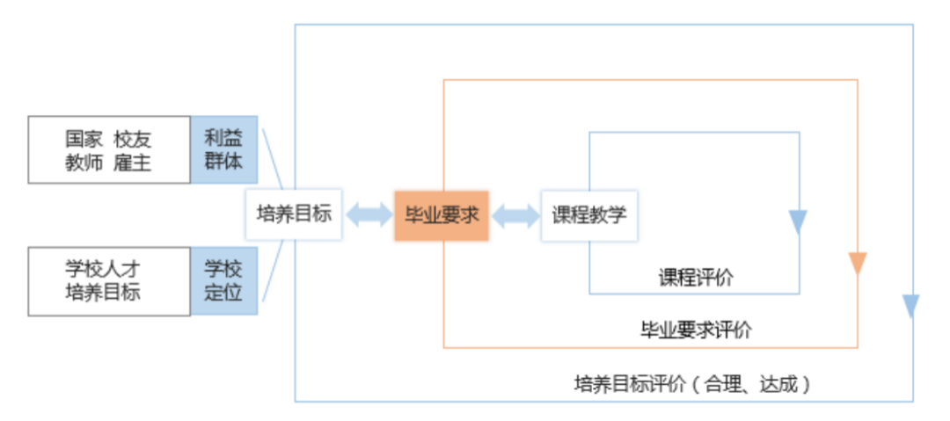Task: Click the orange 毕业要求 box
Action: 441,215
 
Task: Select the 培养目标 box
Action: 293,214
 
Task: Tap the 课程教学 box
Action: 589,215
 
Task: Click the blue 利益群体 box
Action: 224,149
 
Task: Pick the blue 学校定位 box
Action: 224,280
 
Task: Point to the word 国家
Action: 84,139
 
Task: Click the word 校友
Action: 132,139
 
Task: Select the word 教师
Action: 84,163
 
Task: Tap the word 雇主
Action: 132,163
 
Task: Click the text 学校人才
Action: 103,269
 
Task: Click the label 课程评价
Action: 695,277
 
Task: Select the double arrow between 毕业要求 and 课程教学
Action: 515,215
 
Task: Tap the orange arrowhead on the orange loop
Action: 858,263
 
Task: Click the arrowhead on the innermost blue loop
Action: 798,221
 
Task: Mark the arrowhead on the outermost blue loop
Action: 911,306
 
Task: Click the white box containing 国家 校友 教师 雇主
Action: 110,150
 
